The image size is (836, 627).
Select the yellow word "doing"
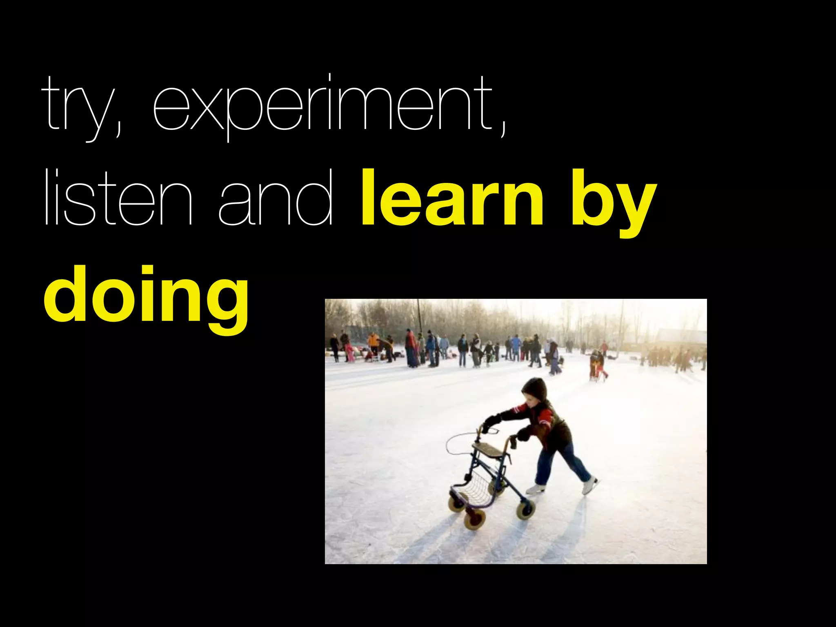[x=146, y=296]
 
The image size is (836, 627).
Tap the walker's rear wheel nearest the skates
[x=525, y=510]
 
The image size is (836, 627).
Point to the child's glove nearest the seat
[x=522, y=434]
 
